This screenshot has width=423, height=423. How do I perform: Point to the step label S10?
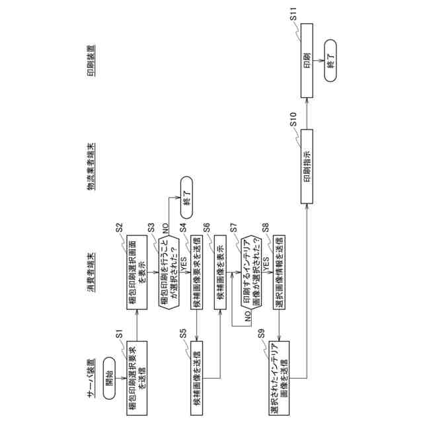(295, 124)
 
